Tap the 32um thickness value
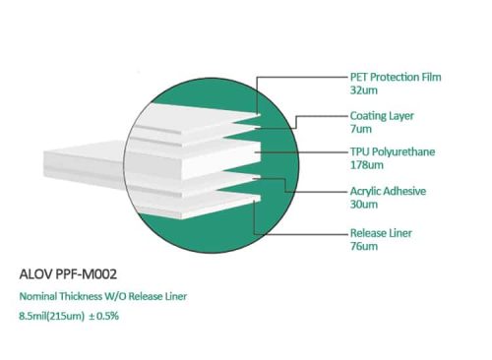pos(364,90)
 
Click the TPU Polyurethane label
pos(393,152)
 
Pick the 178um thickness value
pos(367,166)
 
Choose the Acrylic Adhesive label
pos(388,191)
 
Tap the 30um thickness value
pos(364,205)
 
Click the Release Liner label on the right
pos(382,234)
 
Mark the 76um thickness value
pos(364,248)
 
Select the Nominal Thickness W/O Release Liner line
pos(104,296)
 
